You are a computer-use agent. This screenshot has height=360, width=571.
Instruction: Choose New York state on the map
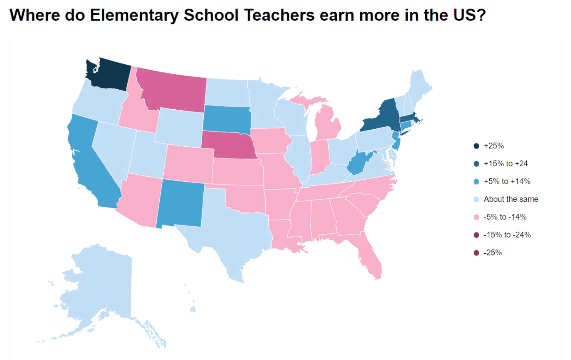[383, 118]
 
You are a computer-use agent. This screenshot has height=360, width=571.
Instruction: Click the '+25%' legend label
[494, 146]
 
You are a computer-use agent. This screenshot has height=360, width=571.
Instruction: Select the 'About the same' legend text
[510, 199]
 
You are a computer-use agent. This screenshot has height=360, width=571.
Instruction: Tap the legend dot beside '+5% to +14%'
[476, 182]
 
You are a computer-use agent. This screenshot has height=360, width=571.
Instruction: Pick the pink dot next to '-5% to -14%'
[476, 217]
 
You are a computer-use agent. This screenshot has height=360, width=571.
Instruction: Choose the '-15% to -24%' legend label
[507, 235]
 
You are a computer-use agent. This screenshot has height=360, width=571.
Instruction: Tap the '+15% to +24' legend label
[506, 164]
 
